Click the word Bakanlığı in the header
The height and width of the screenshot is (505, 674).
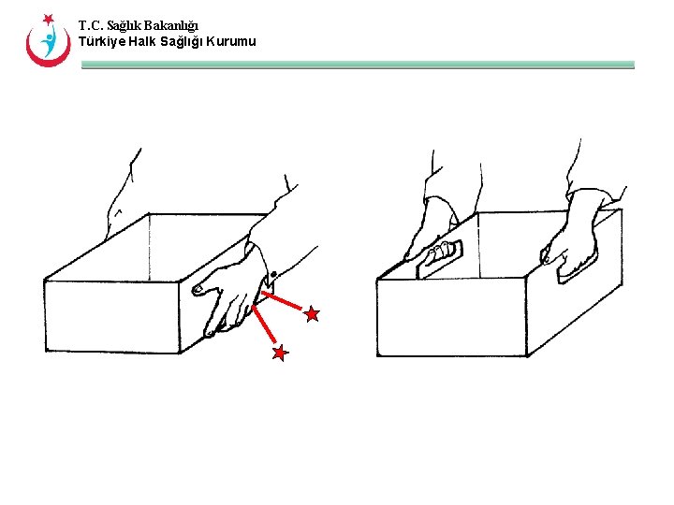(170, 26)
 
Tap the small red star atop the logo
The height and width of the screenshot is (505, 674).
(48, 20)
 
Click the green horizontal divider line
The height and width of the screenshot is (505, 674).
(358, 65)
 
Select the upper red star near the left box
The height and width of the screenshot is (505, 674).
(312, 314)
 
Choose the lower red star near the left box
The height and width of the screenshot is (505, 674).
(280, 353)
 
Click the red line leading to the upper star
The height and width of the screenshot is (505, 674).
(282, 300)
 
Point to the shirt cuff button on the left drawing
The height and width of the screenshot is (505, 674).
(273, 274)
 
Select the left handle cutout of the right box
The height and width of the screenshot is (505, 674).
(439, 258)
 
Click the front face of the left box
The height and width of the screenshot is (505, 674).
(112, 316)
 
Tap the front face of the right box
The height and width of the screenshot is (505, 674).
(452, 317)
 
